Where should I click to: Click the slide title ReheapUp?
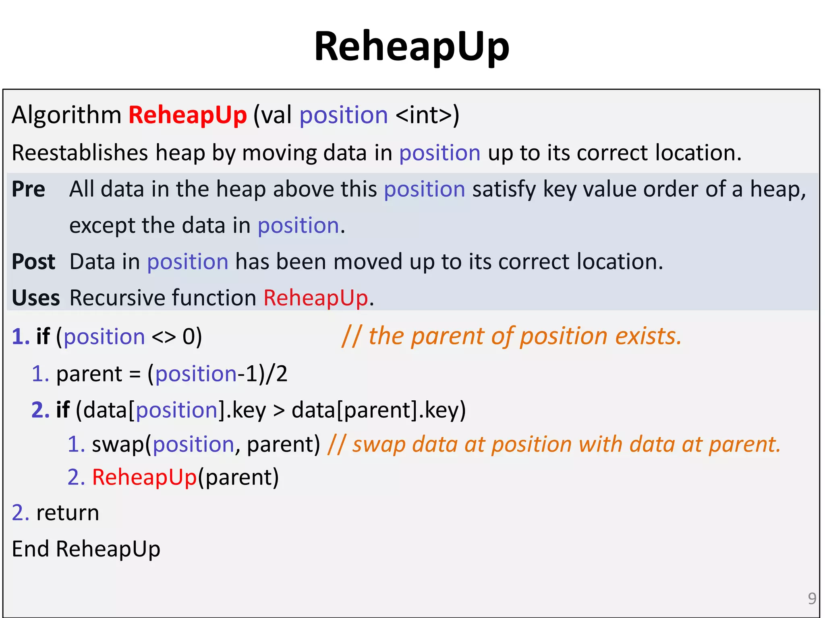pyautogui.click(x=412, y=47)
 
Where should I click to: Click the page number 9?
pyautogui.click(x=812, y=599)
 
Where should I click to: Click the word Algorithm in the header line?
pyautogui.click(x=66, y=115)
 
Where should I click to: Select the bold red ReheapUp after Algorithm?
pyautogui.click(x=187, y=115)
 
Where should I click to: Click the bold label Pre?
pyautogui.click(x=28, y=189)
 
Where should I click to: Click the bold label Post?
pyautogui.click(x=33, y=262)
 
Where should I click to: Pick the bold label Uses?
pyautogui.click(x=35, y=298)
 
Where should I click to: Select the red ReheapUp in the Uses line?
pyautogui.click(x=315, y=298)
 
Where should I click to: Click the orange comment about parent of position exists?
pyautogui.click(x=512, y=336)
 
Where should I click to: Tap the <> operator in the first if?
pyautogui.click(x=164, y=337)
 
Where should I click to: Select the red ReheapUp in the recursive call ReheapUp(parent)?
pyautogui.click(x=144, y=477)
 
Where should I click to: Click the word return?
pyautogui.click(x=67, y=513)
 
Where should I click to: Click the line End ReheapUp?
pyautogui.click(x=86, y=549)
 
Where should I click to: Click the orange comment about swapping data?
pyautogui.click(x=554, y=444)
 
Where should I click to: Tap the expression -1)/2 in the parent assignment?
pyautogui.click(x=262, y=374)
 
